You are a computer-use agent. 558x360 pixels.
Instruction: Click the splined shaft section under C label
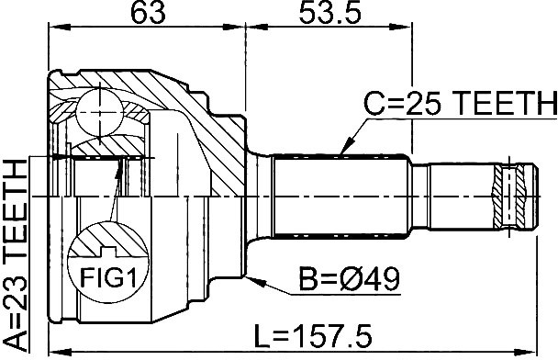click(341, 195)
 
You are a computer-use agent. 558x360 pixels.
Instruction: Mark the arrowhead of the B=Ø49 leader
click(251, 273)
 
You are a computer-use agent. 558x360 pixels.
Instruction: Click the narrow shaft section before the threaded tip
click(454, 195)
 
